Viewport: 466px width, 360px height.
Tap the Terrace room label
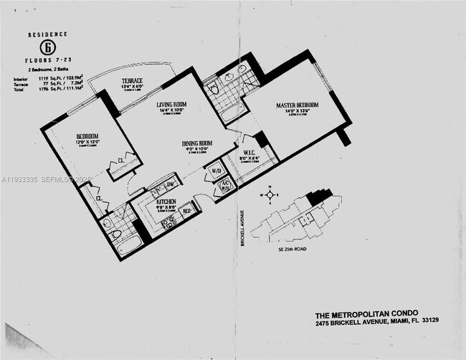click(x=131, y=82)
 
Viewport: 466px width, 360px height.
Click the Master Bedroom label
click(x=297, y=105)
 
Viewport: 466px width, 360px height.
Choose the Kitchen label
click(x=167, y=202)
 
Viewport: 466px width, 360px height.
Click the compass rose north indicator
click(x=270, y=187)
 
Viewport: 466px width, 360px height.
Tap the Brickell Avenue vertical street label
click(x=243, y=229)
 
